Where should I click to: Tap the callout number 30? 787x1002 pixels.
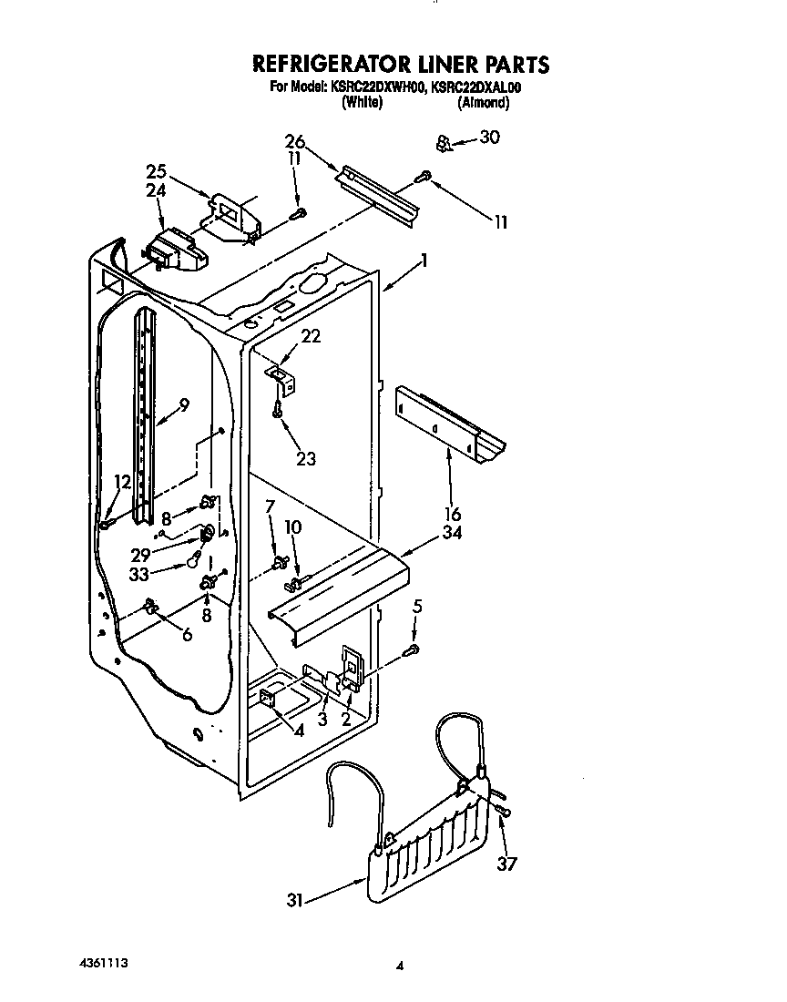pyautogui.click(x=489, y=138)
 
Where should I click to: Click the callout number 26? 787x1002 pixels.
pyautogui.click(x=293, y=142)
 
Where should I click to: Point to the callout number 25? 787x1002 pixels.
pyautogui.click(x=156, y=170)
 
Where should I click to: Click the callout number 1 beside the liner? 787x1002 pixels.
pyautogui.click(x=423, y=260)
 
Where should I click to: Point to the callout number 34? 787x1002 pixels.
pyautogui.click(x=451, y=533)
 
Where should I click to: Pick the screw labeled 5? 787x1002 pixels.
pyautogui.click(x=413, y=649)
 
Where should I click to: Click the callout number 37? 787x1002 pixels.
pyautogui.click(x=506, y=863)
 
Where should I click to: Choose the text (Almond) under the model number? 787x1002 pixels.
pyautogui.click(x=482, y=104)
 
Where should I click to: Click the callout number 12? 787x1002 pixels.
pyautogui.click(x=122, y=482)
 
